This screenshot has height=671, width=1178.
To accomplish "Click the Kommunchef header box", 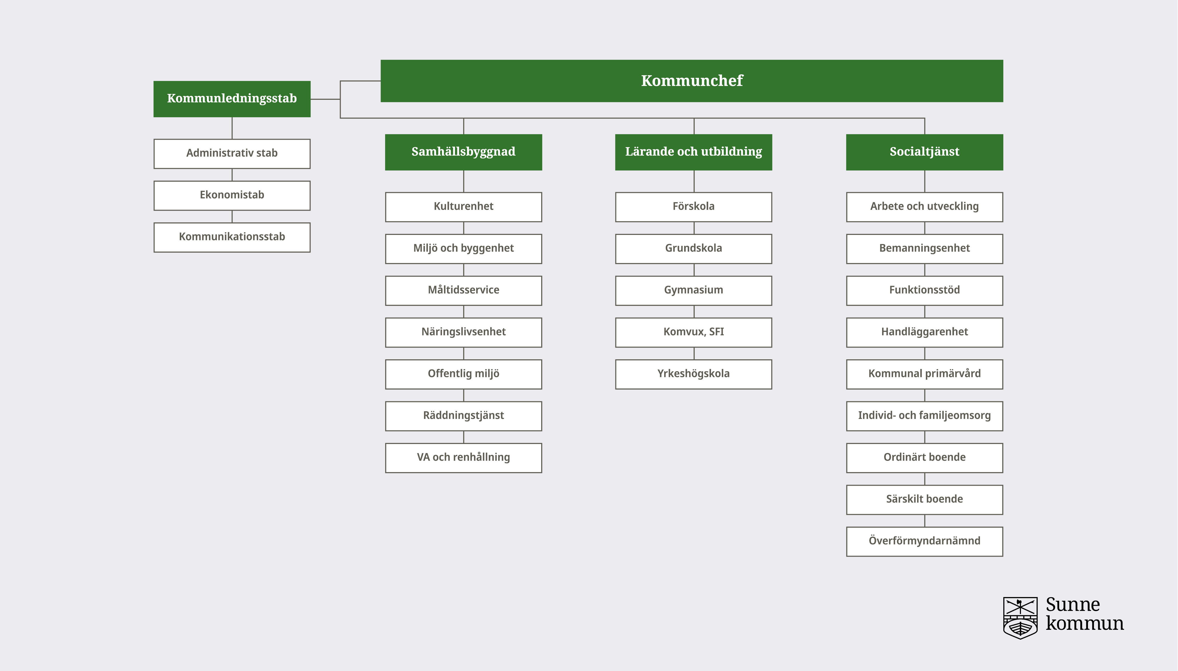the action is (x=692, y=81).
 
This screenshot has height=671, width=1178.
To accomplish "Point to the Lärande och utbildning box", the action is (x=694, y=152).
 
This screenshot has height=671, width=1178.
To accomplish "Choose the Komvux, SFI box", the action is (x=694, y=332).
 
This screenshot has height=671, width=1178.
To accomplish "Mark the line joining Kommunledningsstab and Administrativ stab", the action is (x=232, y=128).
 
